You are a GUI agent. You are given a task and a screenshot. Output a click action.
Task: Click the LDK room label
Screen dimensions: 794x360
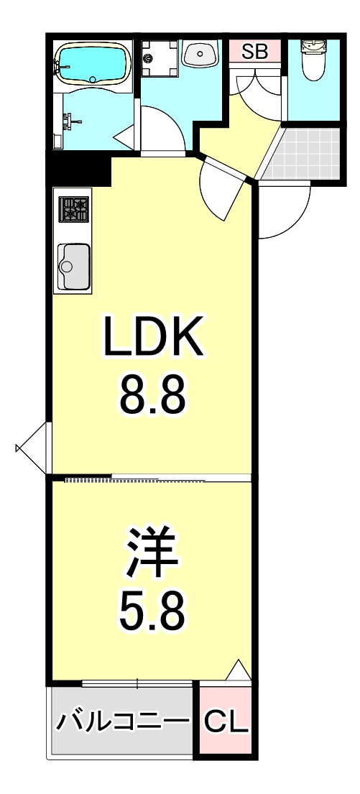coord(152,338)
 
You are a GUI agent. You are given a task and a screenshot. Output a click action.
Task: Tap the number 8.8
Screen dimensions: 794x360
coord(152,394)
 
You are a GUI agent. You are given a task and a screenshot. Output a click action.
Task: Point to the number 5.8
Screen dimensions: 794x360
coord(152,609)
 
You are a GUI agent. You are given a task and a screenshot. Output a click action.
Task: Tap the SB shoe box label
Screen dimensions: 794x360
coord(254,51)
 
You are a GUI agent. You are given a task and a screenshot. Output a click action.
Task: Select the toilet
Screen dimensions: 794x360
coord(314,61)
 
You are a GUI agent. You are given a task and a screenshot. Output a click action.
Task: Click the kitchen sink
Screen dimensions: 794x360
coord(74,266)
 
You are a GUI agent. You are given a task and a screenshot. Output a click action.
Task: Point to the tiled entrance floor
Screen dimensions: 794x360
coord(303,154)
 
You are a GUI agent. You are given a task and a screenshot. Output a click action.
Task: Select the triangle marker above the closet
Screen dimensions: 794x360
coord(239,671)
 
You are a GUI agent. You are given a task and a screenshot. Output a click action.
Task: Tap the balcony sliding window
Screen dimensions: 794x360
coord(137,683)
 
